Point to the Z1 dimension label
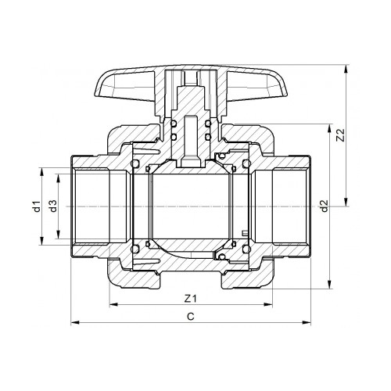pyautogui.click(x=190, y=297)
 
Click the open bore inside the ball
pyautogui.click(x=190, y=207)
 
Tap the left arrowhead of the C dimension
pyautogui.click(x=74, y=321)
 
